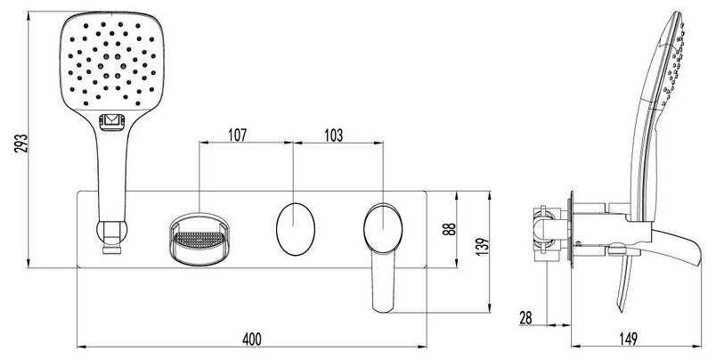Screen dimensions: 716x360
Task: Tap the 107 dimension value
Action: tap(237, 135)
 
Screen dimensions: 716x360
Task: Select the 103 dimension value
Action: tap(333, 135)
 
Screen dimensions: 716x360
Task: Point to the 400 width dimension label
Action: tap(252, 339)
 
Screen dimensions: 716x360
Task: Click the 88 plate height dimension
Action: tap(450, 229)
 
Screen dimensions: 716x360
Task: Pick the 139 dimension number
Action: tap(483, 247)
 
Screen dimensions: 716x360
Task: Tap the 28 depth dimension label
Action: tap(525, 318)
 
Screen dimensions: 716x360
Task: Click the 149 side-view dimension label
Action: tap(628, 339)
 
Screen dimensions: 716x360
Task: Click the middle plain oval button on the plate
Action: tap(296, 229)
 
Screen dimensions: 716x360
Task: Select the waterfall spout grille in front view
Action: tap(199, 239)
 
